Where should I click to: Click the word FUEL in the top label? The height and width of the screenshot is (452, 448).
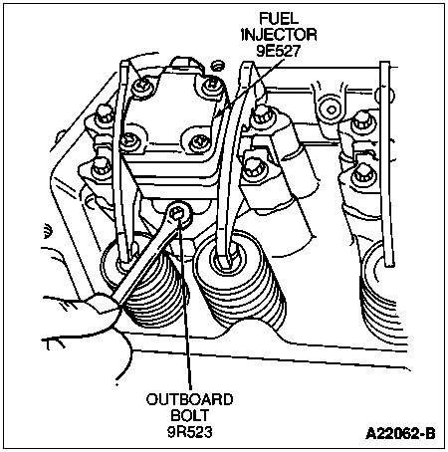279,19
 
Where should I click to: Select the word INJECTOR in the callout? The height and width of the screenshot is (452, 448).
279,35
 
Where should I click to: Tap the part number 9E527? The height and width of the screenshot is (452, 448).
279,51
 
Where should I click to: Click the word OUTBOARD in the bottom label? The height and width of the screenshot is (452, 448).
190,399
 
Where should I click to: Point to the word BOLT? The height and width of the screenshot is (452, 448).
190,415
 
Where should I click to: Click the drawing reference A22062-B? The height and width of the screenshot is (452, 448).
400,433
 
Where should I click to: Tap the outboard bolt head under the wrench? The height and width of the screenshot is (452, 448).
177,214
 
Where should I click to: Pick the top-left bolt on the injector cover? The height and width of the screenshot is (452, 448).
142,87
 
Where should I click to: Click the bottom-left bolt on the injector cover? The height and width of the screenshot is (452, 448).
129,142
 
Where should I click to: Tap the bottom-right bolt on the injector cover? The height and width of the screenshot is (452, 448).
199,143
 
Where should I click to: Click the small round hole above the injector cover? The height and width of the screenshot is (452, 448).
217,65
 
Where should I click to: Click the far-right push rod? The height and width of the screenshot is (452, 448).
386,164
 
